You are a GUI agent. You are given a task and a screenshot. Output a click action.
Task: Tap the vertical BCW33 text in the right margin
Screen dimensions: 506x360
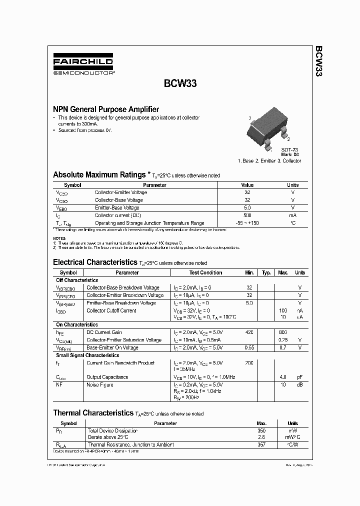318,61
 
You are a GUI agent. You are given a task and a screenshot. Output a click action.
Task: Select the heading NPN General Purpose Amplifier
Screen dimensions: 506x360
106,109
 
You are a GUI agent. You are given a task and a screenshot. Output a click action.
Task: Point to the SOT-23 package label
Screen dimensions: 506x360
289,149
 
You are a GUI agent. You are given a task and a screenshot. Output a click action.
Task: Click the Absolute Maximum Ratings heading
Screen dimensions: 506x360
99,175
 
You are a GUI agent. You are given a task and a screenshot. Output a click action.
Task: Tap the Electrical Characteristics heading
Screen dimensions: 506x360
94,262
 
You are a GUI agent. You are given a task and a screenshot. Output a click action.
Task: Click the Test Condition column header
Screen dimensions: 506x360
205,272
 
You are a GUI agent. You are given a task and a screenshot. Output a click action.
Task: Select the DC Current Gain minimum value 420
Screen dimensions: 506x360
249,332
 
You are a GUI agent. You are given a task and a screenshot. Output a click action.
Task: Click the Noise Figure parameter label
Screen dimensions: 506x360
100,384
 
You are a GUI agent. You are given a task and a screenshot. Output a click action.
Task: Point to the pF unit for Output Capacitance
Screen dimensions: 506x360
299,377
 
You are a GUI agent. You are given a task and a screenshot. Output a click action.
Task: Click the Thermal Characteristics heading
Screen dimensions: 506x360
93,413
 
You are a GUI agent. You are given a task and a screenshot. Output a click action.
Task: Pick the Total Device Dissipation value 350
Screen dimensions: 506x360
261,430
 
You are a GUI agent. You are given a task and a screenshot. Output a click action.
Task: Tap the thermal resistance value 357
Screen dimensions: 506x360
261,444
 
